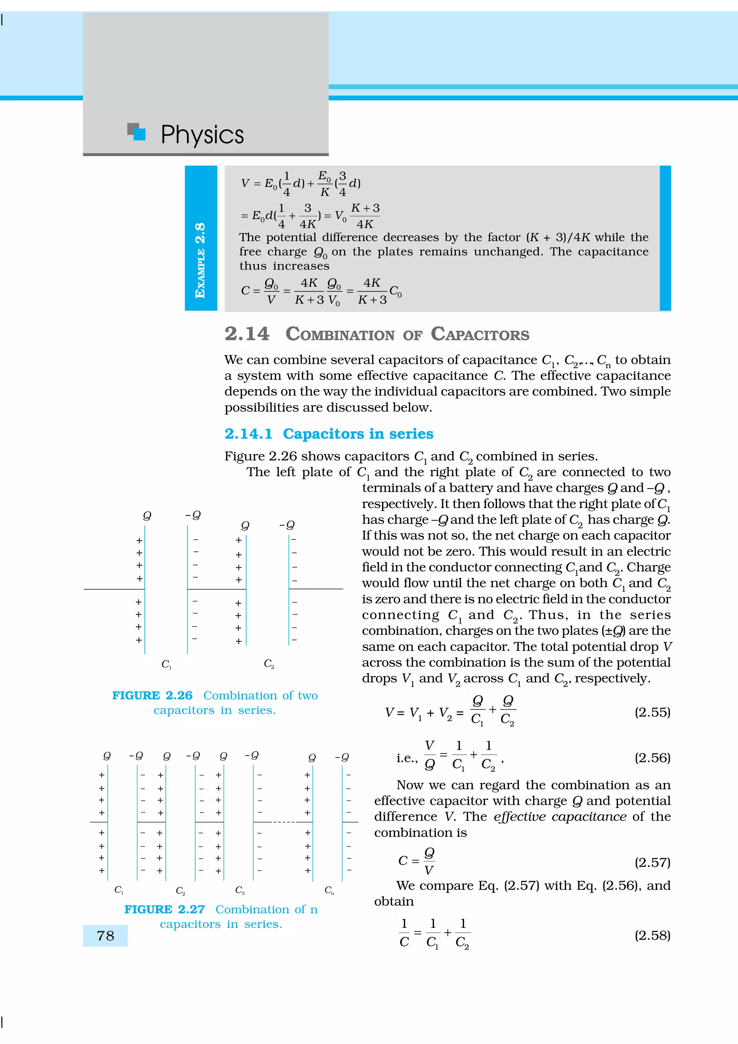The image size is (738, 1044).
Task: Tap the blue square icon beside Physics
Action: click(139, 134)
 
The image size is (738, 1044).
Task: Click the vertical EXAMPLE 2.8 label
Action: click(200, 260)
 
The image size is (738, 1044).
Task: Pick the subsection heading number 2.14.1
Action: click(248, 434)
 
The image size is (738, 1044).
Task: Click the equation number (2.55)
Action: click(652, 712)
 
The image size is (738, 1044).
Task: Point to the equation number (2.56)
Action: click(652, 758)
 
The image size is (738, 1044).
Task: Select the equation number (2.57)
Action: click(652, 862)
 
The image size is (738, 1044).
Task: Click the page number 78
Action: click(106, 936)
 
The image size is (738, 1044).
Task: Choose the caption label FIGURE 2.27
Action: click(164, 909)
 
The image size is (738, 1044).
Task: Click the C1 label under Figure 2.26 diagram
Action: click(166, 664)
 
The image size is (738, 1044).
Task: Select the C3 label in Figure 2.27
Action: click(240, 890)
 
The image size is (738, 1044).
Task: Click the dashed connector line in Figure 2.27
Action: click(283, 822)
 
